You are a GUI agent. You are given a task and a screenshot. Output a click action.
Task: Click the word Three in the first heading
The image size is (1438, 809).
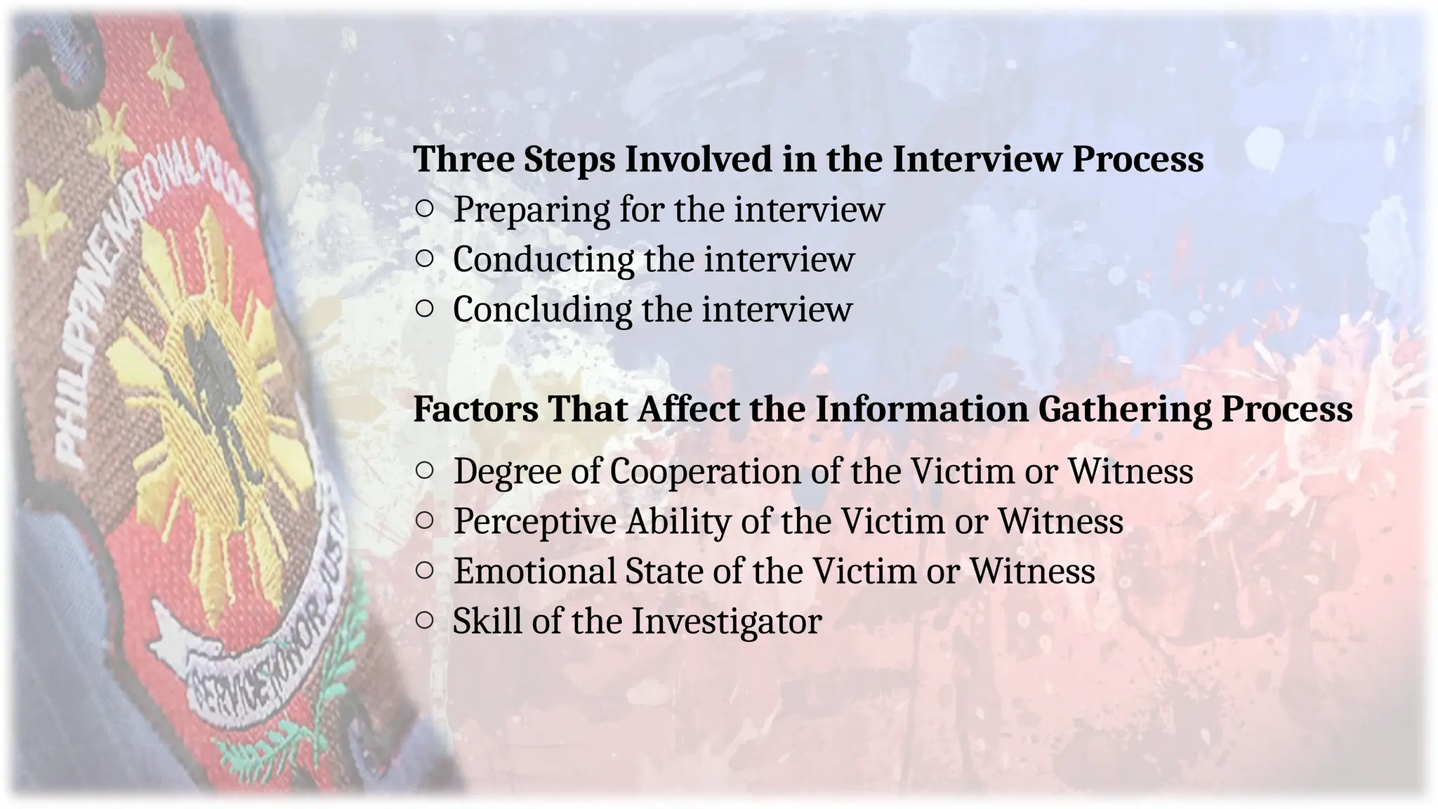click(x=463, y=159)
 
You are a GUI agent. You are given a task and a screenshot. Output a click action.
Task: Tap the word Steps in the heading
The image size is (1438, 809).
click(x=569, y=160)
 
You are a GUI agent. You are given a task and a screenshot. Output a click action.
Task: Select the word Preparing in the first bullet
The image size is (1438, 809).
click(x=531, y=210)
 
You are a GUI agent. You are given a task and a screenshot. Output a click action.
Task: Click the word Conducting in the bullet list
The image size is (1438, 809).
click(x=543, y=260)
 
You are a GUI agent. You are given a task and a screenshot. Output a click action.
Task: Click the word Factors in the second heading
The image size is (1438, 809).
click(x=475, y=409)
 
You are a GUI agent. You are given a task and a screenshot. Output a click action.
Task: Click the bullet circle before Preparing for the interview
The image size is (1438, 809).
click(x=424, y=209)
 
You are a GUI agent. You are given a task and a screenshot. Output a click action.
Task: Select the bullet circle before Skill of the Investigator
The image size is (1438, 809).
click(x=424, y=620)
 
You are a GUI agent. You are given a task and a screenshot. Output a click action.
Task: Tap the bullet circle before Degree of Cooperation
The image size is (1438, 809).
click(x=424, y=470)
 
